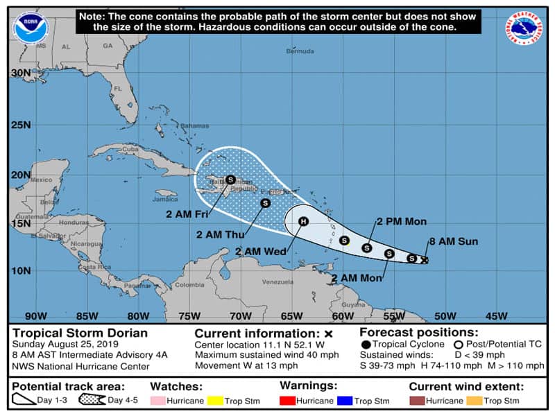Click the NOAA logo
[x=30, y=28]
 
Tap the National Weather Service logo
[x=524, y=28]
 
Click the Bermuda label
[x=300, y=51]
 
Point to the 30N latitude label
[x=21, y=73]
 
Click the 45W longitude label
[x=496, y=316]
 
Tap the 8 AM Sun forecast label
[x=454, y=241]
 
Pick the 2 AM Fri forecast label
[x=187, y=214]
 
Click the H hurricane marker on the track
[x=302, y=222]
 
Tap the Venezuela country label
[x=282, y=282]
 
